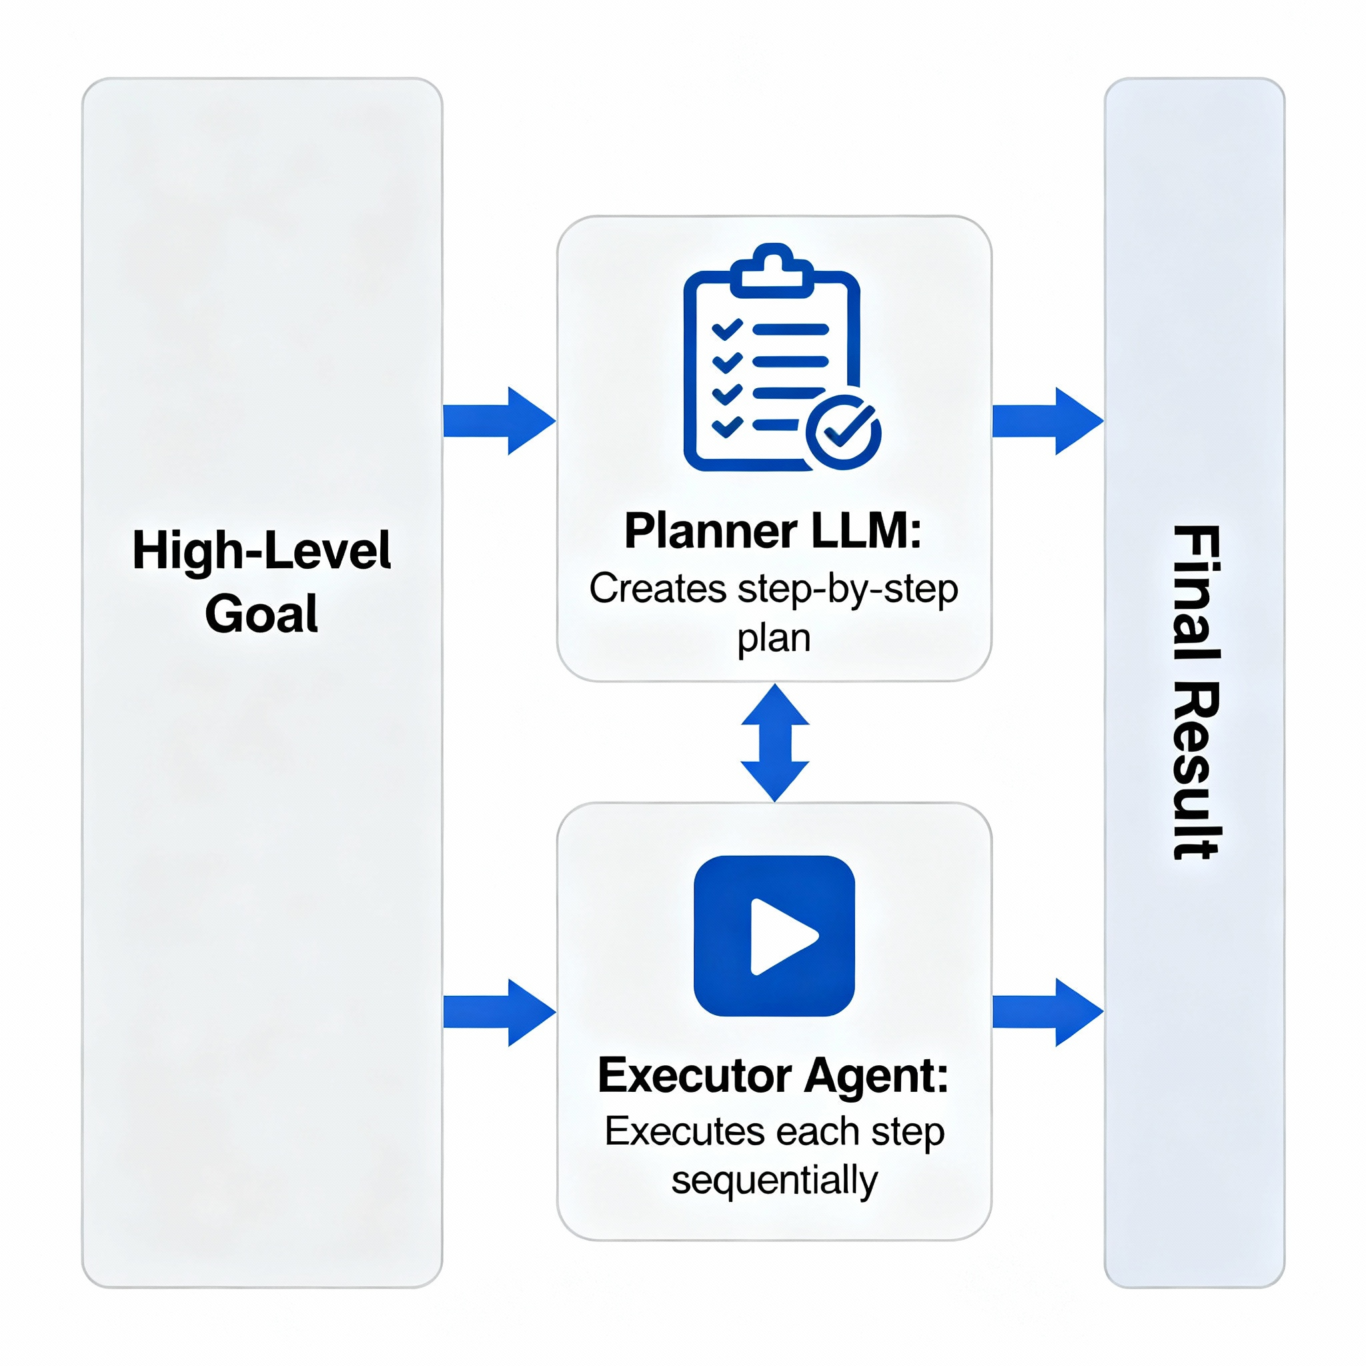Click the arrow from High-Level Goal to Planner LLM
(498, 421)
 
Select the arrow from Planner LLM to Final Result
(1047, 421)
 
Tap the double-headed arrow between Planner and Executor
(775, 742)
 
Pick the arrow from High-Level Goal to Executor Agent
(498, 1012)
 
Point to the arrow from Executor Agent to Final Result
(1047, 1012)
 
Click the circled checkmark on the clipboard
(844, 432)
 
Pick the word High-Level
(261, 551)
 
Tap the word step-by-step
(848, 590)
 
